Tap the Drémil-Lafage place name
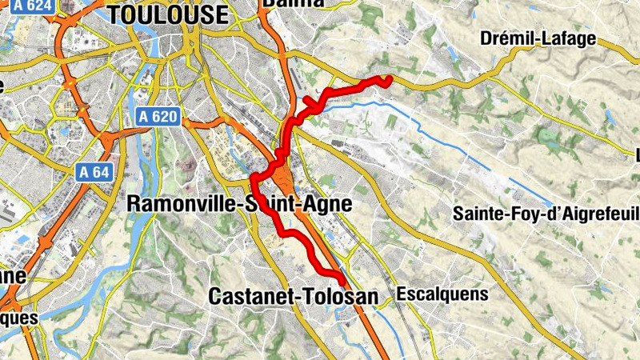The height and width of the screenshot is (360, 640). [538, 38]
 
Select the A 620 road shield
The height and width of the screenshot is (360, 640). [157, 117]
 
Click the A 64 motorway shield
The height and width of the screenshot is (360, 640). [94, 171]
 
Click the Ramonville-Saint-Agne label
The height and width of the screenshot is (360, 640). [239, 204]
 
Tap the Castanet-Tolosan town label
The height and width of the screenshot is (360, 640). [292, 296]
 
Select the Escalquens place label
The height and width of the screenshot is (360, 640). [442, 294]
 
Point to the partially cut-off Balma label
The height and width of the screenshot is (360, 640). [293, 3]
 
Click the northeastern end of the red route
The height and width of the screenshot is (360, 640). [387, 78]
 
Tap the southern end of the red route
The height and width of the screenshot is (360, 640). [344, 284]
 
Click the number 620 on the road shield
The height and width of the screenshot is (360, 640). [163, 117]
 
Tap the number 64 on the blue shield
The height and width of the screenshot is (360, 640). [99, 171]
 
